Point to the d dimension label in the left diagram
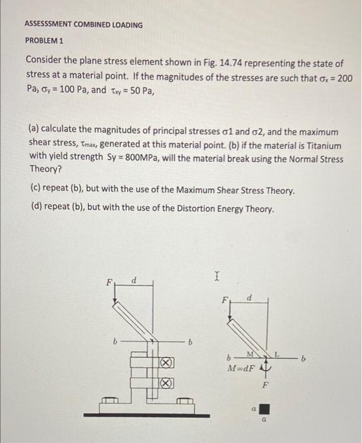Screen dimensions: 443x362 [x=135, y=280]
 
